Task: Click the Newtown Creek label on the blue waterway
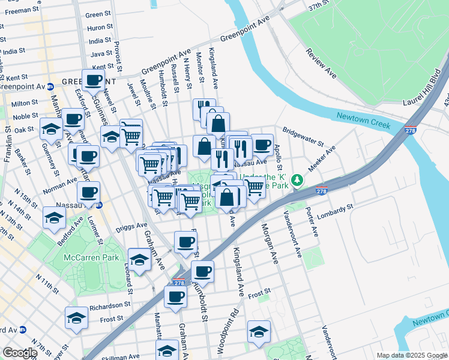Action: pos(363,121)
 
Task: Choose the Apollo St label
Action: pos(277,155)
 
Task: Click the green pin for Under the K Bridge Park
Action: pos(297,180)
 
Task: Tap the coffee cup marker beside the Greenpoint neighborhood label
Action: pos(93,80)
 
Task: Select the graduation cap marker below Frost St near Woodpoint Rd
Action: pos(258,332)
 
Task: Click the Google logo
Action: pos(20,353)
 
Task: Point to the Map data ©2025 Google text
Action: pos(412,355)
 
